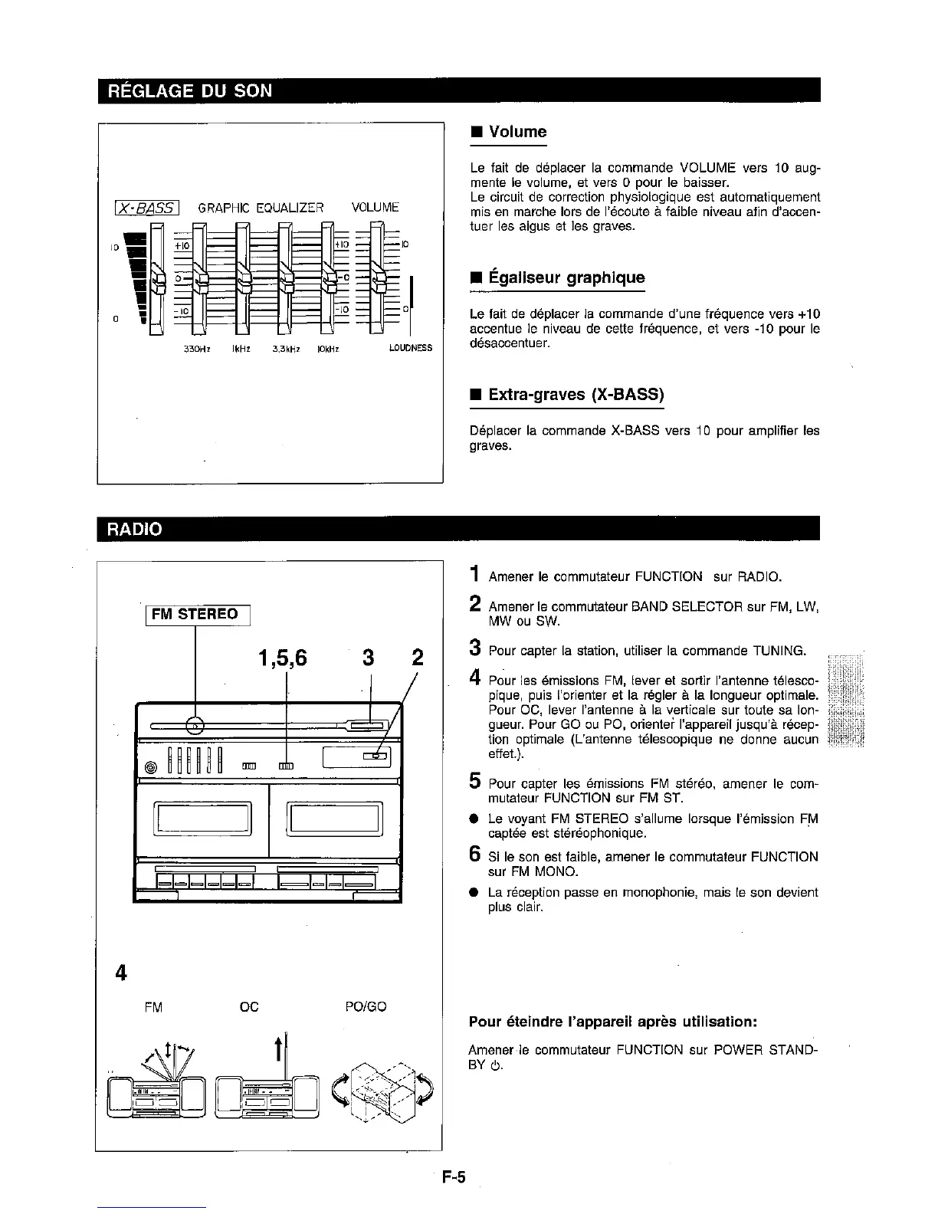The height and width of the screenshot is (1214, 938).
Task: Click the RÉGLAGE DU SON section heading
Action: tap(185, 90)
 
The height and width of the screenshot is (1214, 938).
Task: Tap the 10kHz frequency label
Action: tap(327, 348)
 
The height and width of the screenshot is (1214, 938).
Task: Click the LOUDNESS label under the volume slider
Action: tap(410, 348)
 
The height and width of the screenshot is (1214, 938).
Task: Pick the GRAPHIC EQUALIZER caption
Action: tap(261, 207)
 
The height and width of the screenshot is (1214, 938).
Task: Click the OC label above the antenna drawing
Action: tap(249, 1006)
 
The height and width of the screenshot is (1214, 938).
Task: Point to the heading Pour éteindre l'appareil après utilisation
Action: tap(613, 1022)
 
